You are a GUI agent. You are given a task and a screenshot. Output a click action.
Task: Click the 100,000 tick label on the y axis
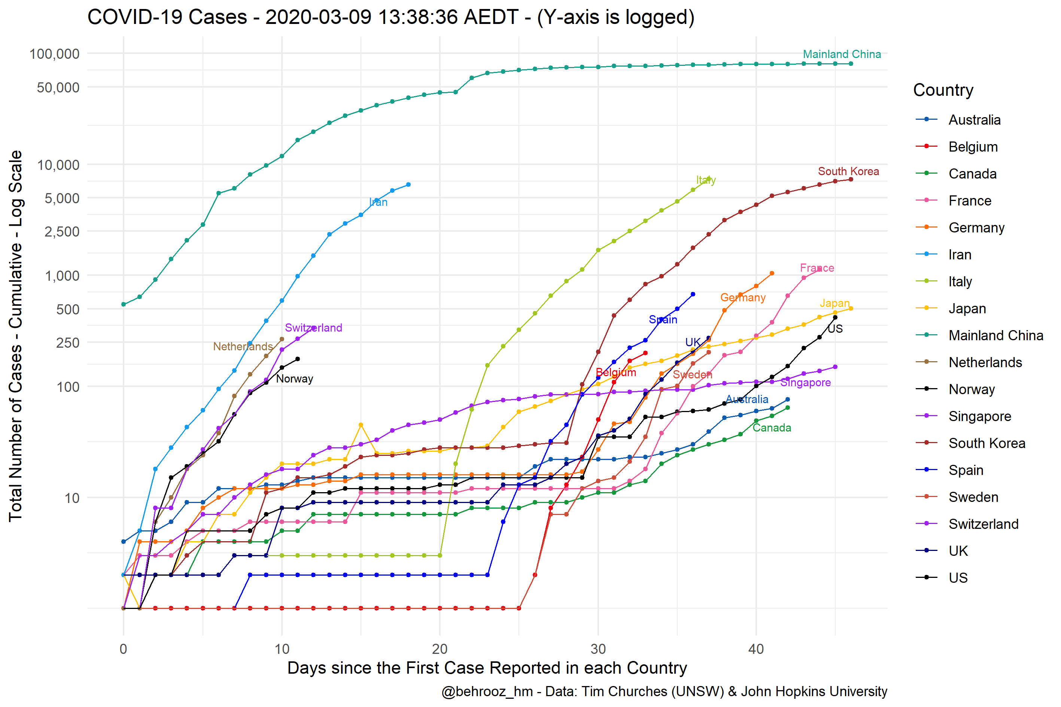(x=54, y=54)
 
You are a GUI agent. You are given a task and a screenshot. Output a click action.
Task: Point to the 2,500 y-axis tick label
(x=62, y=232)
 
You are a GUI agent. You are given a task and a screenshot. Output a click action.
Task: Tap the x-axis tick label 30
(x=598, y=649)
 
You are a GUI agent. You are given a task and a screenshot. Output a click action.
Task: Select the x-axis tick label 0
(x=123, y=649)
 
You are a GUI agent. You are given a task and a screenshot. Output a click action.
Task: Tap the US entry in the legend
(x=958, y=578)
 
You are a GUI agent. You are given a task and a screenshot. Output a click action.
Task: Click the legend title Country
(x=943, y=90)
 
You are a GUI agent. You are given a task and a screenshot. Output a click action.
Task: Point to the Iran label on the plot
(x=379, y=202)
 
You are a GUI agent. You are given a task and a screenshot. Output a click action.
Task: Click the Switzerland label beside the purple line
(x=313, y=328)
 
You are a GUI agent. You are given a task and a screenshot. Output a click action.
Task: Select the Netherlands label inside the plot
(x=243, y=347)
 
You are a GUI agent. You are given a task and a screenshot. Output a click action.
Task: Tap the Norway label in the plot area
(x=294, y=379)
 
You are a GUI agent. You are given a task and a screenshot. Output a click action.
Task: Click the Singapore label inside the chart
(x=805, y=383)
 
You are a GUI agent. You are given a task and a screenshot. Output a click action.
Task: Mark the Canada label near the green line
(x=772, y=428)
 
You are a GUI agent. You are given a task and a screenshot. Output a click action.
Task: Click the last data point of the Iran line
(x=408, y=185)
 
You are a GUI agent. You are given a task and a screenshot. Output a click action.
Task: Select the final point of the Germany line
(x=772, y=274)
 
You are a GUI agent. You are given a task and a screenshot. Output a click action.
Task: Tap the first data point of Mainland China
(x=124, y=305)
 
